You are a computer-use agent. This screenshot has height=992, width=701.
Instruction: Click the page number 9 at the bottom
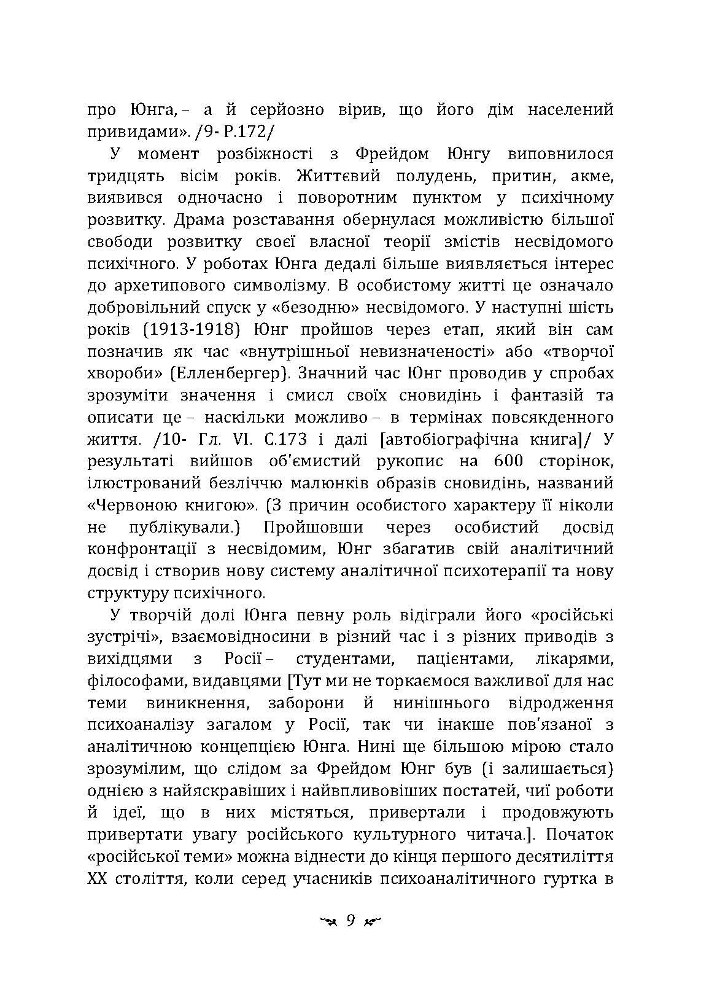[x=350, y=921]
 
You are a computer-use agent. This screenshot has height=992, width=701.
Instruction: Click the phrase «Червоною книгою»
[x=171, y=506]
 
